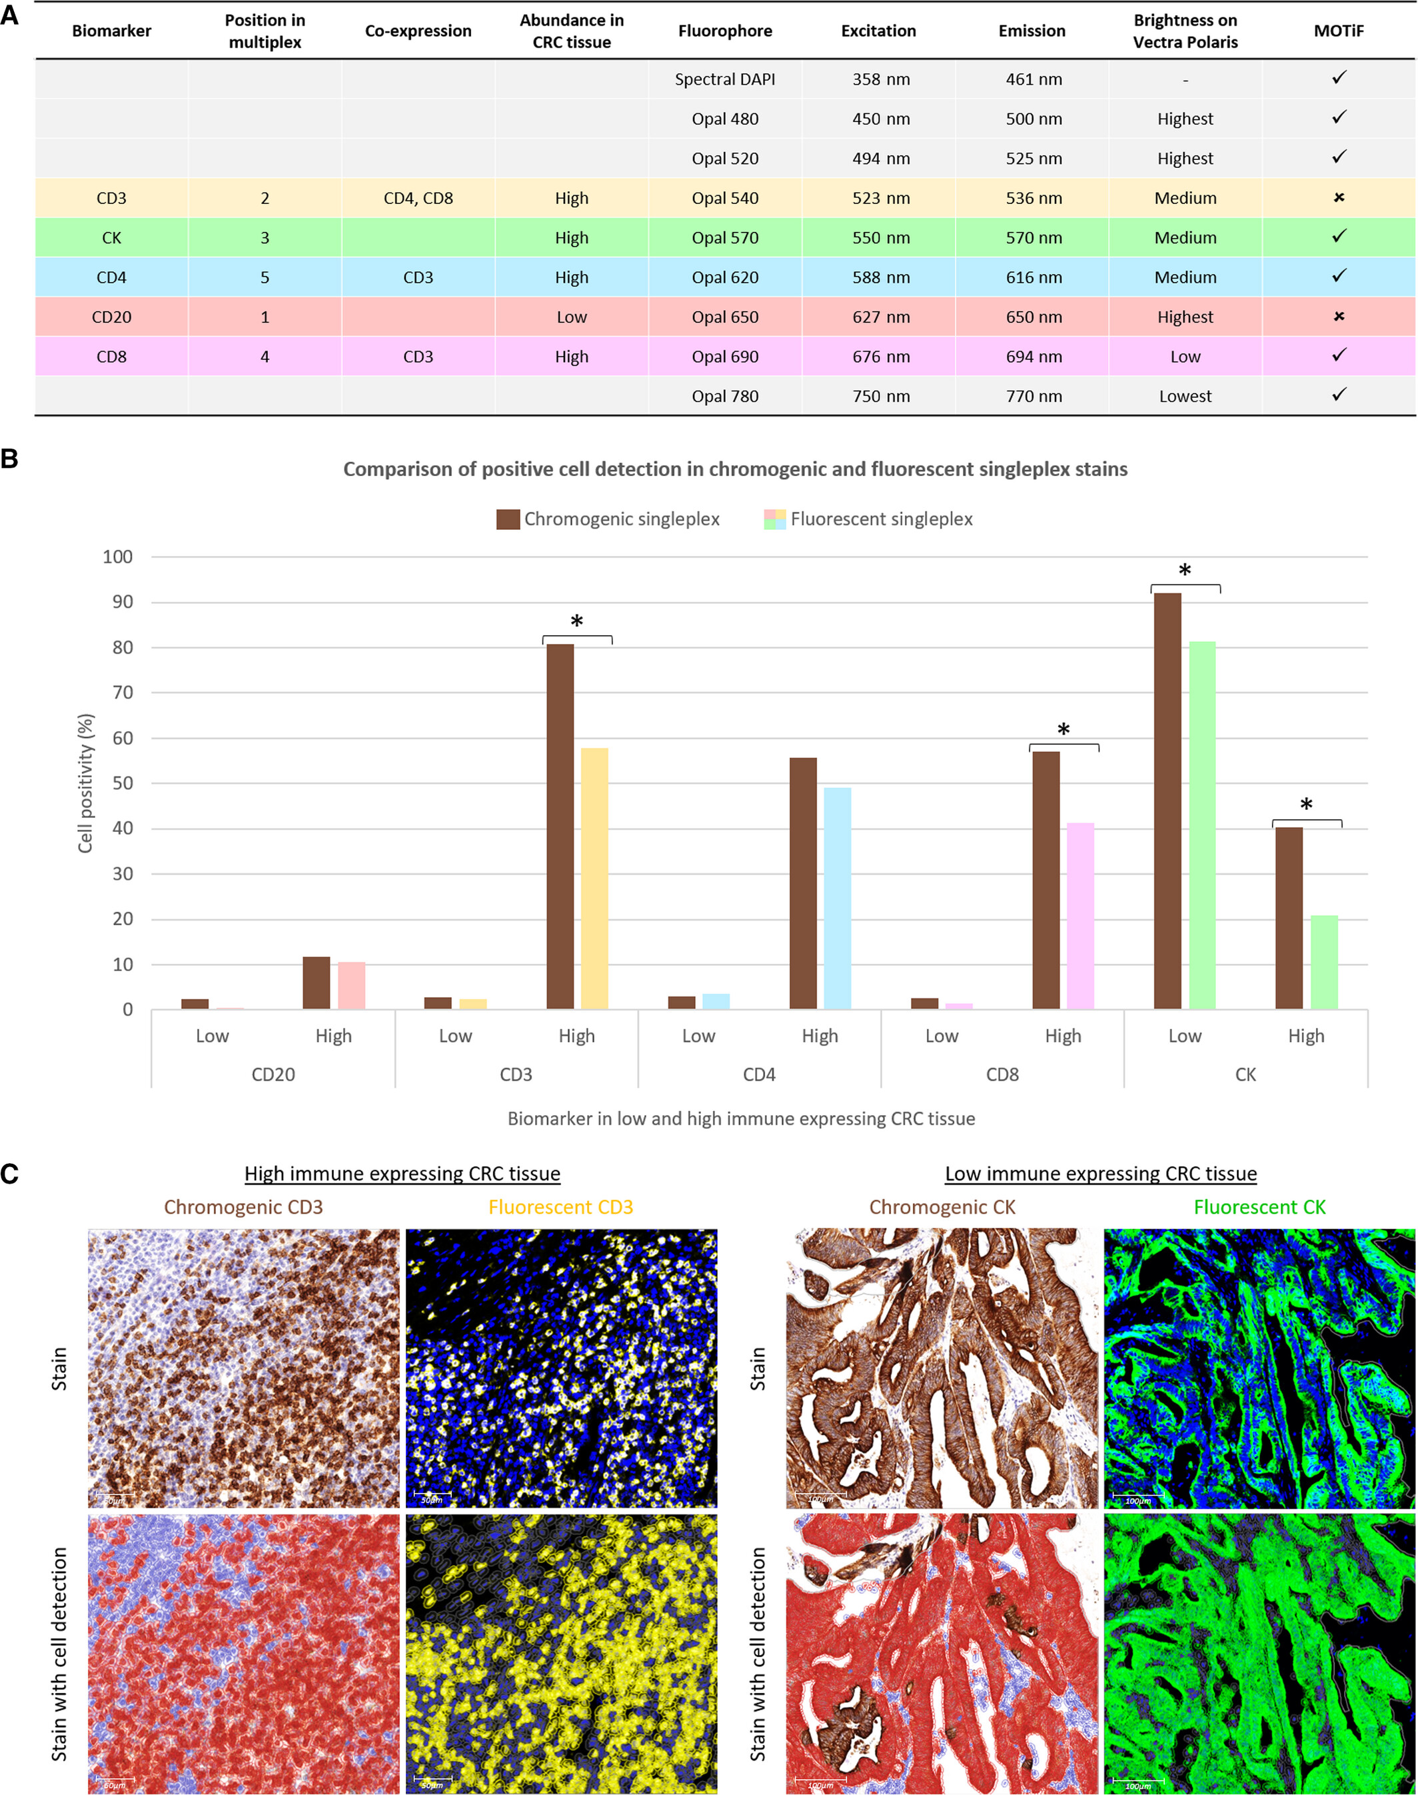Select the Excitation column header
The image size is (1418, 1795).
click(x=878, y=31)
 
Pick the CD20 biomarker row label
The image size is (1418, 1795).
click(x=111, y=317)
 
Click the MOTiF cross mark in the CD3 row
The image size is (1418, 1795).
click(x=1338, y=197)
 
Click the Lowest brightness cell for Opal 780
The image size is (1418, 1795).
click(x=1185, y=397)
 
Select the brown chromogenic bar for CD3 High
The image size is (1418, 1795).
click(x=560, y=826)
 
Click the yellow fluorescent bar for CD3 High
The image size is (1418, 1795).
click(x=594, y=879)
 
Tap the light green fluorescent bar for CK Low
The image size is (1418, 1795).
click(x=1202, y=825)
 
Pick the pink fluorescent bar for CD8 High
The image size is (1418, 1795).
click(x=1080, y=916)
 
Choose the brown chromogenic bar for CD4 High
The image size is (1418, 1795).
click(x=803, y=883)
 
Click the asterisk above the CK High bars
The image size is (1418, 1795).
click(x=1306, y=805)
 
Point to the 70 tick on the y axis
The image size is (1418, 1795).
click(x=122, y=693)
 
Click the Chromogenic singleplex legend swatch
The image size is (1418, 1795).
click(x=508, y=520)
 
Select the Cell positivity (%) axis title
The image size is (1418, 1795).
click(x=85, y=783)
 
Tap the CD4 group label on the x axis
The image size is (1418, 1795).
click(x=759, y=1074)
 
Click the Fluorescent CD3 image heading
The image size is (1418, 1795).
click(x=560, y=1207)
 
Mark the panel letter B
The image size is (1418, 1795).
click(x=10, y=459)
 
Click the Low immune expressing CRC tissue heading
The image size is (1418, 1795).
click(x=1100, y=1173)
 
